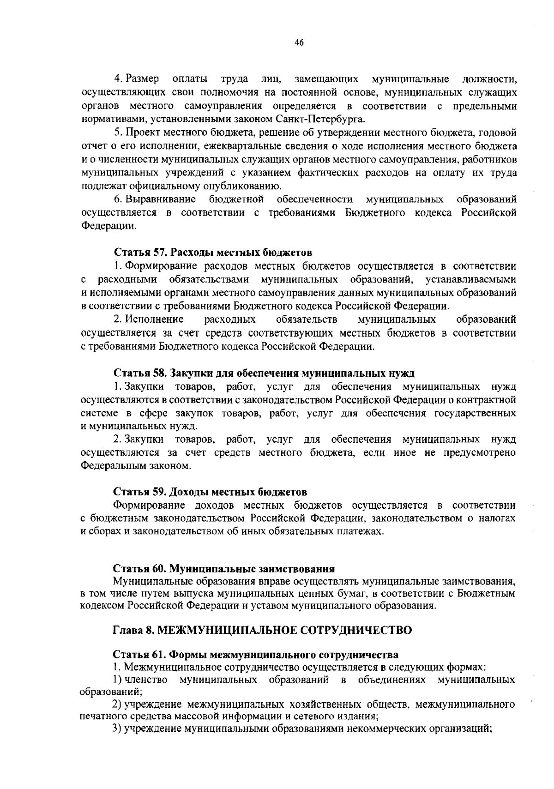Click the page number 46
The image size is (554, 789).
(299, 42)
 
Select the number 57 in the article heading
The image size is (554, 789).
(160, 253)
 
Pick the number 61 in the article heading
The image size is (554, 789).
(160, 655)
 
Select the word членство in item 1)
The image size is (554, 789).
(146, 680)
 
